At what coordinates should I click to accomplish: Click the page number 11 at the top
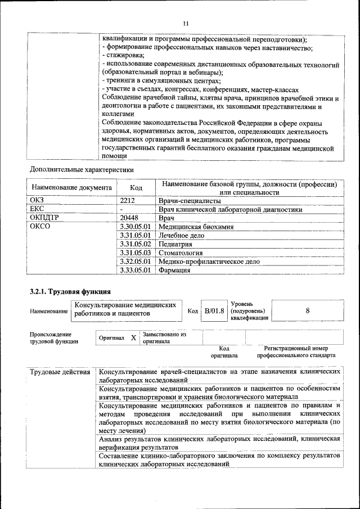pos(186,23)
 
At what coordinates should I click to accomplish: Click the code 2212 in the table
pos(129,200)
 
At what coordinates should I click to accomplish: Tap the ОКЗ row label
pos(37,200)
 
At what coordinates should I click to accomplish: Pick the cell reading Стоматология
pos(182,253)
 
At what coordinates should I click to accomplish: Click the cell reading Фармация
pos(174,271)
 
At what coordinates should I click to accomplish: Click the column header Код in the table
pos(136,187)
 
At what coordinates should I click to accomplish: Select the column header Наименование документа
pos(71,187)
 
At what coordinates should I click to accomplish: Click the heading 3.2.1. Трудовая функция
pos(70,291)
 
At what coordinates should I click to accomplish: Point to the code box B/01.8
pos(214,310)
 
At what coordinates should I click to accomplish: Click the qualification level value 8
pos(308,310)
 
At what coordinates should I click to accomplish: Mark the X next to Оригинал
pos(133,337)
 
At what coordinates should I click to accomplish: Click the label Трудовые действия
pos(60,372)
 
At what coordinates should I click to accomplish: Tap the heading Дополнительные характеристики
pos(82,168)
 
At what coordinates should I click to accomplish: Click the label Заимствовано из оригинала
pos(164,337)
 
